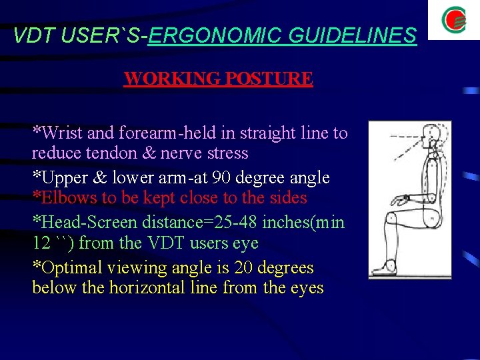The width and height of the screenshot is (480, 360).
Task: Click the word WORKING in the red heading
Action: (x=171, y=79)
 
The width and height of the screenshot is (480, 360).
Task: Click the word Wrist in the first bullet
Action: (x=60, y=133)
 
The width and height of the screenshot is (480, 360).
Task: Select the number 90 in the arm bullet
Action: (x=218, y=177)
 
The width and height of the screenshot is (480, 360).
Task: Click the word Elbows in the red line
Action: (x=63, y=198)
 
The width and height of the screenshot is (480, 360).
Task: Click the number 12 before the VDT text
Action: (x=42, y=243)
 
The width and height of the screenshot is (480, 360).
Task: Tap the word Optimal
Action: (x=67, y=268)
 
